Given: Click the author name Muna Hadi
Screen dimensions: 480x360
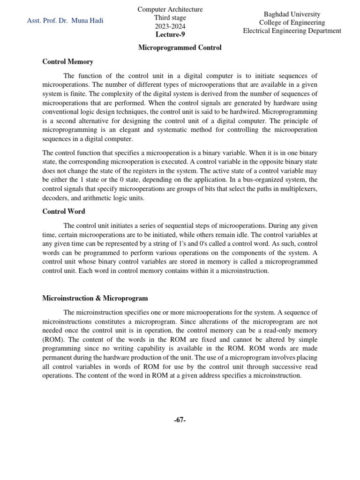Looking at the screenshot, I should click(x=87, y=21).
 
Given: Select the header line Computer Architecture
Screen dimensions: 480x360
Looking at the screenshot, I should click(x=170, y=9).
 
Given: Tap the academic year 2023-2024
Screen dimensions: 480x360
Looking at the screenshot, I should click(x=170, y=26).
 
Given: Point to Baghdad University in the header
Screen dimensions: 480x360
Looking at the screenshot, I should click(x=292, y=14).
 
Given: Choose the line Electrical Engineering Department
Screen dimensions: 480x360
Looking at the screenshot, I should click(x=292, y=31).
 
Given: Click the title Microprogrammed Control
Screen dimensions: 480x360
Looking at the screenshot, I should click(x=180, y=48).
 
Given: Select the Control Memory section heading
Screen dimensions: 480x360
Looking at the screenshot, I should click(x=67, y=61).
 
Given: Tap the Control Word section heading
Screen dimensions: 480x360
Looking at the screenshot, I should click(x=64, y=211).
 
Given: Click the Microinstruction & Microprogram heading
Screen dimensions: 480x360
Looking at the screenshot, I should click(x=95, y=298).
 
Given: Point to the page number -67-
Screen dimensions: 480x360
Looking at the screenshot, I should click(x=180, y=420).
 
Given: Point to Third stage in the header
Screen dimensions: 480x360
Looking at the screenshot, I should click(x=170, y=18).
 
